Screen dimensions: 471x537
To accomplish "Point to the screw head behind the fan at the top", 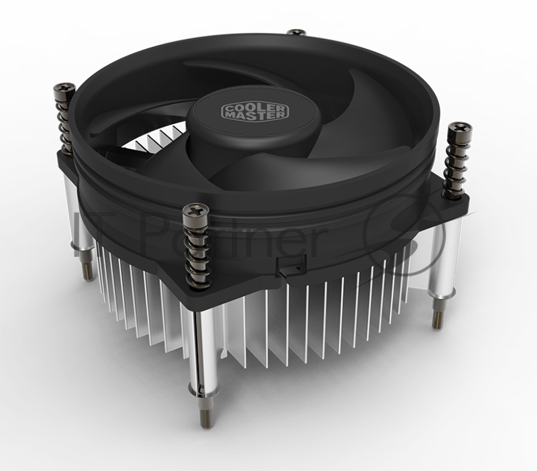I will (x=296, y=32).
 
